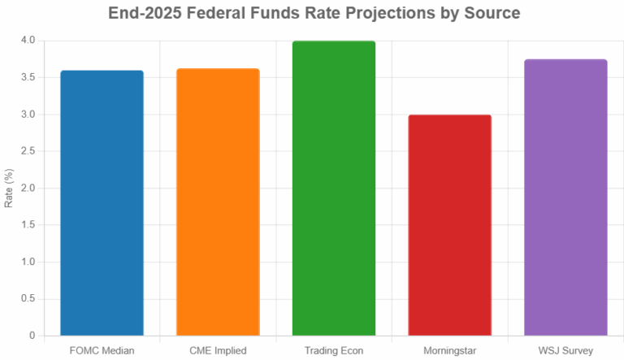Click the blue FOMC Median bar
point(102,203)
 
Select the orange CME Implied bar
point(218,202)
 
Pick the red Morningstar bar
point(449,225)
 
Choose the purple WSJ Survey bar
point(565,197)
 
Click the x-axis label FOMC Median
point(102,350)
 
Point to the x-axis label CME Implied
point(218,350)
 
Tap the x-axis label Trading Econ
point(334,350)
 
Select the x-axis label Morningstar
point(449,350)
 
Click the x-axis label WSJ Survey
point(565,350)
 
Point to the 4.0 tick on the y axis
point(28,41)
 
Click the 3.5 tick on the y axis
point(28,77)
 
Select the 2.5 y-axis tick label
point(28,151)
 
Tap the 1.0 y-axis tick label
point(28,262)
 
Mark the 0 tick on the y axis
point(32,336)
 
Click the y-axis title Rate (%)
point(9,188)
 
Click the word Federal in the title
point(215,14)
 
